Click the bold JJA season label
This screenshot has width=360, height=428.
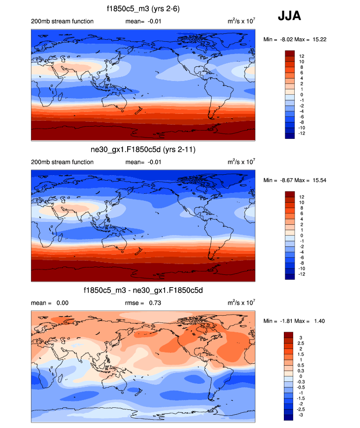coord(289,16)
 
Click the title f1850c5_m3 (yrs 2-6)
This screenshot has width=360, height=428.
coord(142,9)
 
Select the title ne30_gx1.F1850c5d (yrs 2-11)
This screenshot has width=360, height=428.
coord(142,150)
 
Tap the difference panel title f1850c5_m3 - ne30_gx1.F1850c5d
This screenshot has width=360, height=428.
coord(143,291)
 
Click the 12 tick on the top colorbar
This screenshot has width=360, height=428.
coord(302,56)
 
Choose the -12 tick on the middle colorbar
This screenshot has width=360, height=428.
coord(303,274)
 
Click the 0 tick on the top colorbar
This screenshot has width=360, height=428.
coord(300,95)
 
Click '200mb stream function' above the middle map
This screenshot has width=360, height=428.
coord(62,162)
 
